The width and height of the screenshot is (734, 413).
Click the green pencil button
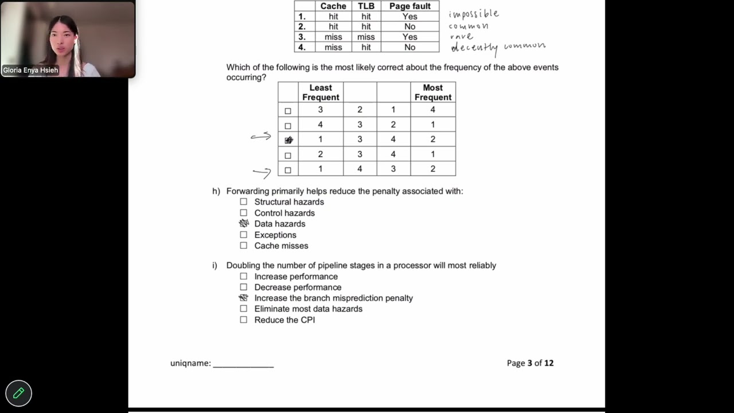point(18,393)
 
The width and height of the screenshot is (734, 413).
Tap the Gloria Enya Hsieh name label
point(30,71)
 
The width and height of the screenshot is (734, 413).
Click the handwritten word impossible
point(474,14)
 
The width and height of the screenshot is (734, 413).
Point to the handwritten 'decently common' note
point(498,47)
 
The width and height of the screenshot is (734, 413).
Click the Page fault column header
point(409,6)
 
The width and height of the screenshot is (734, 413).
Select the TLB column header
point(366,6)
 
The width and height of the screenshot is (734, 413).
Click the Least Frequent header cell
point(321,92)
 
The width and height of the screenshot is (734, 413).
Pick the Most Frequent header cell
point(433,92)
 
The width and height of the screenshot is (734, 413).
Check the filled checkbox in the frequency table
point(288,140)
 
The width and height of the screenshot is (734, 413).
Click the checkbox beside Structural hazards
point(244,202)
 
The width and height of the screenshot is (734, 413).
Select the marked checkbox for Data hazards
point(244,224)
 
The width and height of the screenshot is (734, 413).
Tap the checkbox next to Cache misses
point(244,246)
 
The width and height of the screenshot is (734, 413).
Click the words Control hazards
point(284,213)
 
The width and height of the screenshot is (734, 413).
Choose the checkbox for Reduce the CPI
point(244,320)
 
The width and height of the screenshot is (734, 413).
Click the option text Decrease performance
point(298,287)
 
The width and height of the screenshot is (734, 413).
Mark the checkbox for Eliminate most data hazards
point(244,309)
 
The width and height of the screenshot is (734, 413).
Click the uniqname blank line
point(243,364)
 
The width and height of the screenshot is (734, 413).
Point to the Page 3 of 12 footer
point(530,363)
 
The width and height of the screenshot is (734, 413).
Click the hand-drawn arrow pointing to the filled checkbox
point(261,137)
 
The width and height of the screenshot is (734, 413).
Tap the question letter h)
point(216,191)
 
